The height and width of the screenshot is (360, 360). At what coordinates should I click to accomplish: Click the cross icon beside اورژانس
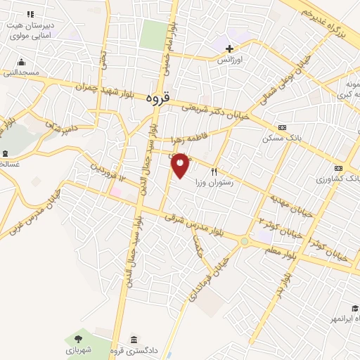click(229, 49)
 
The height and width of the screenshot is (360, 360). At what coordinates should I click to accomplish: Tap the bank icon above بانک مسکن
click(282, 127)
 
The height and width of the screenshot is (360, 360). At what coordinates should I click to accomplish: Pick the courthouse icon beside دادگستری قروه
click(134, 339)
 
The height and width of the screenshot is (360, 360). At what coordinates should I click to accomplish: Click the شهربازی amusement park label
click(82, 349)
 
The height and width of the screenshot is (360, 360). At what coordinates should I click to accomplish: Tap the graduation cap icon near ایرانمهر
click(355, 309)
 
